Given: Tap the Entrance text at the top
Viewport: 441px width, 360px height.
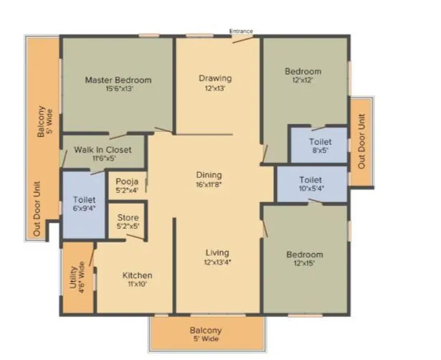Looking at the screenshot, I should tap(241, 31).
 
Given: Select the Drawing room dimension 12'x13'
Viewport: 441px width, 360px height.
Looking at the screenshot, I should tap(215, 89).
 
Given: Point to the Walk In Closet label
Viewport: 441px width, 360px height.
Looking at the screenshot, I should tap(103, 149).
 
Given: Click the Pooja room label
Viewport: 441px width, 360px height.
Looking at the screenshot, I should tap(127, 181).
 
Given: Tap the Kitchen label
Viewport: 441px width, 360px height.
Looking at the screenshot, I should tap(137, 275).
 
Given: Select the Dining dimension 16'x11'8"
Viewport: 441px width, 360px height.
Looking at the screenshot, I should tap(209, 185).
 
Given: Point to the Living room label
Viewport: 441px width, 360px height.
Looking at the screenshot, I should tap(217, 252).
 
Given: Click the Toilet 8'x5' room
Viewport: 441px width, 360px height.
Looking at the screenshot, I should tap(320, 147).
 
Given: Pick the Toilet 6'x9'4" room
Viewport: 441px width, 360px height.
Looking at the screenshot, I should tap(84, 204).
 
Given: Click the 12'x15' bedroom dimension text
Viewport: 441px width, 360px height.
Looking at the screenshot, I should tap(304, 265).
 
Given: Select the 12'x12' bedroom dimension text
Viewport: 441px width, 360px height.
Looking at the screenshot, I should tap(303, 81).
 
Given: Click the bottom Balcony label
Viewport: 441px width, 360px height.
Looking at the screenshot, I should tap(206, 330).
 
